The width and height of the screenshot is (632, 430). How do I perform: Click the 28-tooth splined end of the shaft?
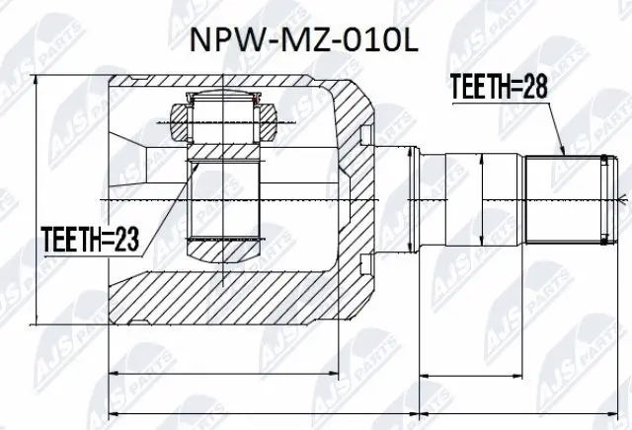point(568,200)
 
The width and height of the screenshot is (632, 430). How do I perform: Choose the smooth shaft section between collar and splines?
point(484,200)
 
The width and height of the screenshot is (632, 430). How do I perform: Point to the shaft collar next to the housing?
point(416,200)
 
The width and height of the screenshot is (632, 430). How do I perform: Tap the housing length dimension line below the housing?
point(237,374)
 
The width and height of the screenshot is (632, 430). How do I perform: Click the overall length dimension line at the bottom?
point(365,410)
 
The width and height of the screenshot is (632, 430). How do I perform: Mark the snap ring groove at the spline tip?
point(601,200)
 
